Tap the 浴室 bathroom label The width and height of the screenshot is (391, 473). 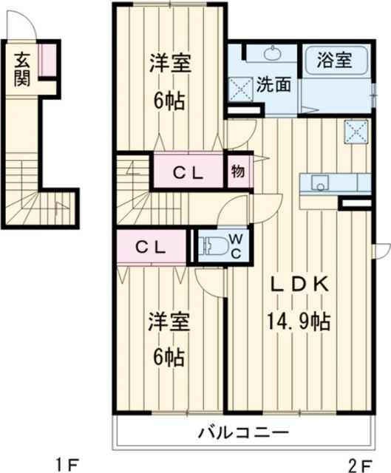tap(334, 58)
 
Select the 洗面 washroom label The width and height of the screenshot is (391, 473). tap(273, 85)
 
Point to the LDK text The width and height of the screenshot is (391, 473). tap(297, 286)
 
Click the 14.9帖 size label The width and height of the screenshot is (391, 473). tap(298, 321)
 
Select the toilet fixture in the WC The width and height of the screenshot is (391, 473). tap(211, 246)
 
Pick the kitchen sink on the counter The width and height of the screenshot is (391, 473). tap(320, 183)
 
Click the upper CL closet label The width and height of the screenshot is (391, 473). tap(188, 173)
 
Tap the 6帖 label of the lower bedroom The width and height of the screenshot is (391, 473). tap(169, 357)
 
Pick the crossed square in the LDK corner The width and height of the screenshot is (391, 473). tap(356, 133)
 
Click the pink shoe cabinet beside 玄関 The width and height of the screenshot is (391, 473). tap(48, 61)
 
